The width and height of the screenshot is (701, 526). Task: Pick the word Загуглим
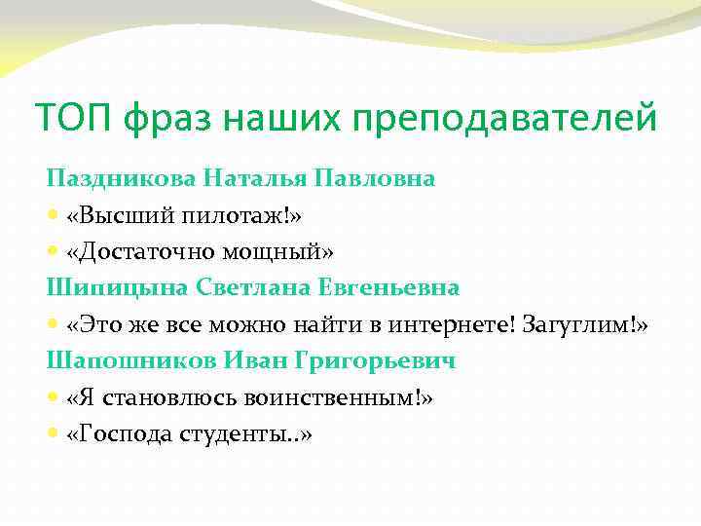578,324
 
